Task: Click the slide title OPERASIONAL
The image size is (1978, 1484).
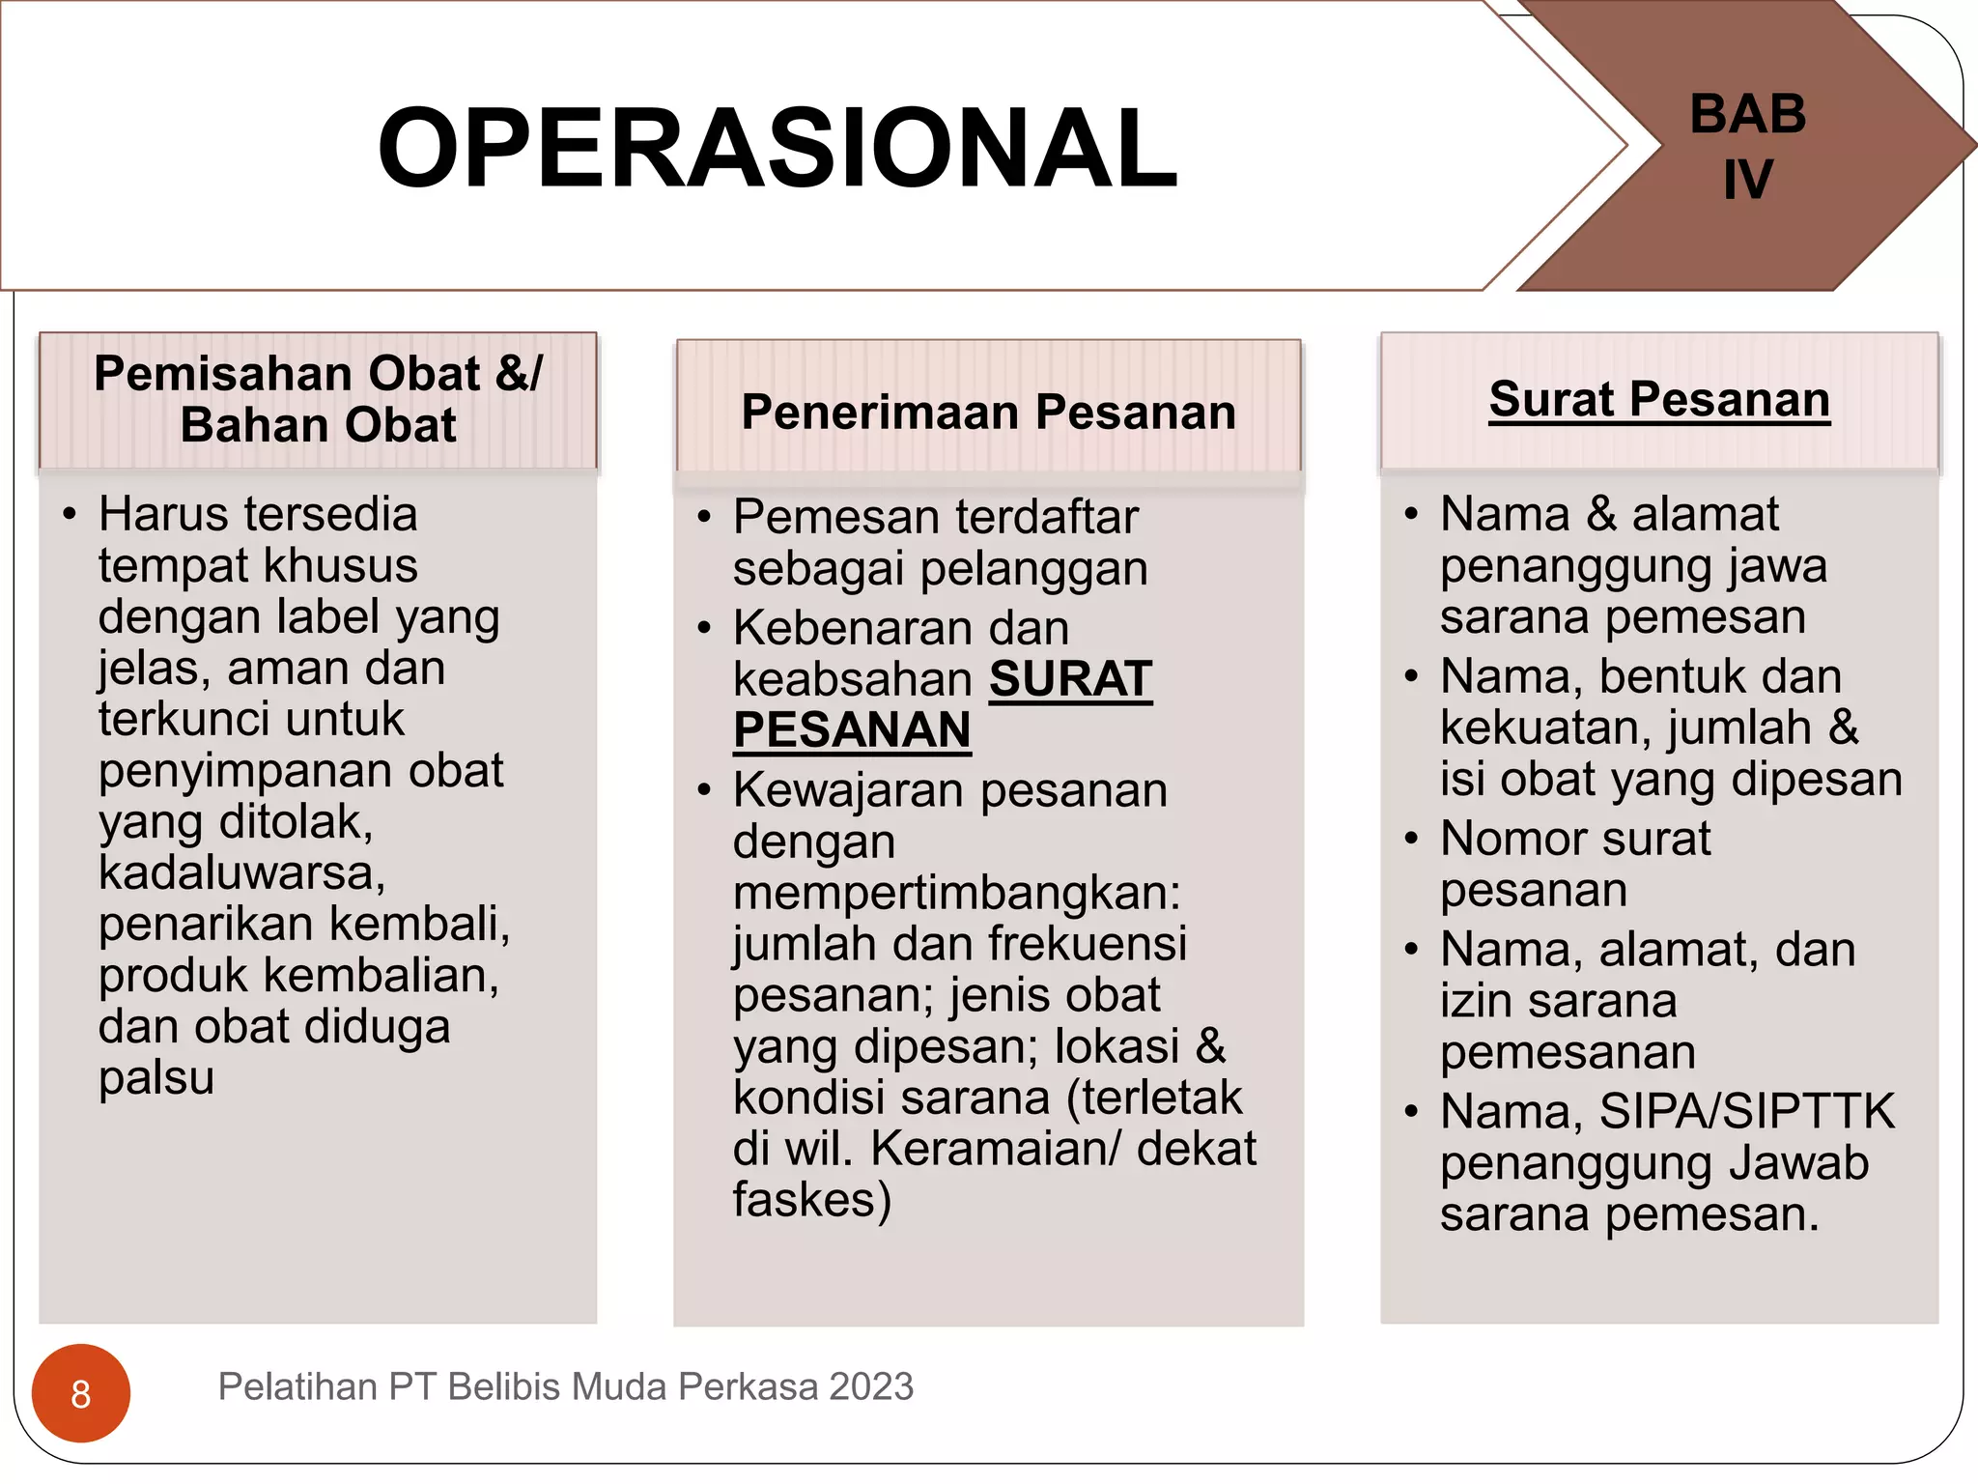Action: click(x=777, y=148)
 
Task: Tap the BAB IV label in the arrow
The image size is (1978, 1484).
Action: click(x=1747, y=146)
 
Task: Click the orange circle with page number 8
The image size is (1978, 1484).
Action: click(x=81, y=1393)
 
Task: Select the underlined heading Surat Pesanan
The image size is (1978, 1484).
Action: click(x=1658, y=400)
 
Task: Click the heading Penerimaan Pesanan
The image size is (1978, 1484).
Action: click(x=988, y=413)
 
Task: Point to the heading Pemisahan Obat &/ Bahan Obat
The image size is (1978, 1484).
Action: click(x=318, y=399)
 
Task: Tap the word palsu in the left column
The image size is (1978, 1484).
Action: click(x=155, y=1077)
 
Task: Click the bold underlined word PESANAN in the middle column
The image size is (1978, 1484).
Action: click(x=851, y=730)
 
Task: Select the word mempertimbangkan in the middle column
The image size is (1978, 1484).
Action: click(x=955, y=893)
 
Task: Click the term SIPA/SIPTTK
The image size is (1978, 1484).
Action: click(x=1747, y=1112)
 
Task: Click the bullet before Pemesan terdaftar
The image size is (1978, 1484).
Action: click(x=704, y=518)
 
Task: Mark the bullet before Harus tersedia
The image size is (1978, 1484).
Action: click(x=69, y=514)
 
